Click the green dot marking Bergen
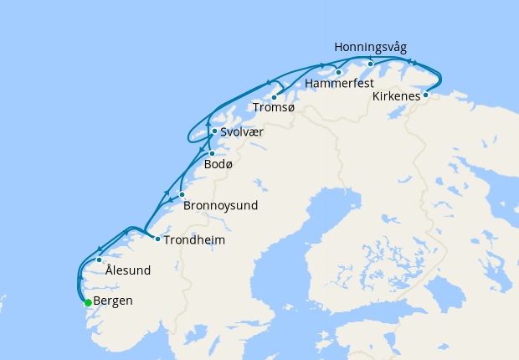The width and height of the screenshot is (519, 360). coord(88,302)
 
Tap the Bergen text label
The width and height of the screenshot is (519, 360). coord(113,301)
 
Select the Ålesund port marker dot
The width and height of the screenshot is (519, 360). coord(100,260)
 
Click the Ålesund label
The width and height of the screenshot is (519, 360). coord(128,270)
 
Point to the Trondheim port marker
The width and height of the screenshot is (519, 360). coord(157,239)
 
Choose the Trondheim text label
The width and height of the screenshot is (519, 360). coord(194,240)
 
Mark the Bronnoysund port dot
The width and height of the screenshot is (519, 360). coord(182,194)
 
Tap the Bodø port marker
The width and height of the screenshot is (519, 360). coord(212,153)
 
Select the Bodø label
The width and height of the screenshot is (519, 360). coord(218,164)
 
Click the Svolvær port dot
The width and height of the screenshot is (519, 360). coord(214,131)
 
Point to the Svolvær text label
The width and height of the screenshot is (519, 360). coord(244,131)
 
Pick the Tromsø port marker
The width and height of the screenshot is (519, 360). coord(274,98)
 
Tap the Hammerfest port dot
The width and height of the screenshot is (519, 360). coord(338,73)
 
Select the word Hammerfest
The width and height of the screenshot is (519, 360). coord(339,85)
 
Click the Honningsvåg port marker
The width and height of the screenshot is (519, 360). coord(370,64)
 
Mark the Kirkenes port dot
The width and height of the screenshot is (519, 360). coord(425,95)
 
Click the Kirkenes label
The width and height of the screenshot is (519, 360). coord(396,95)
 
